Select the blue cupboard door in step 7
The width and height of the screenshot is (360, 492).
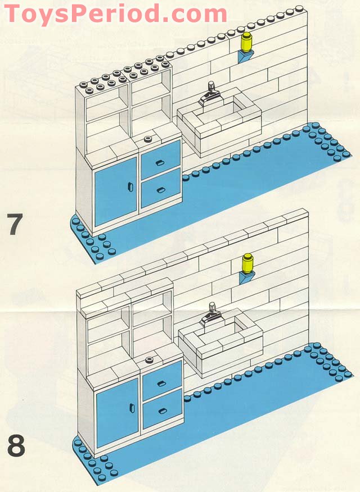click(115, 188)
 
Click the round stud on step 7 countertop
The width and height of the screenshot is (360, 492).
click(148, 139)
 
